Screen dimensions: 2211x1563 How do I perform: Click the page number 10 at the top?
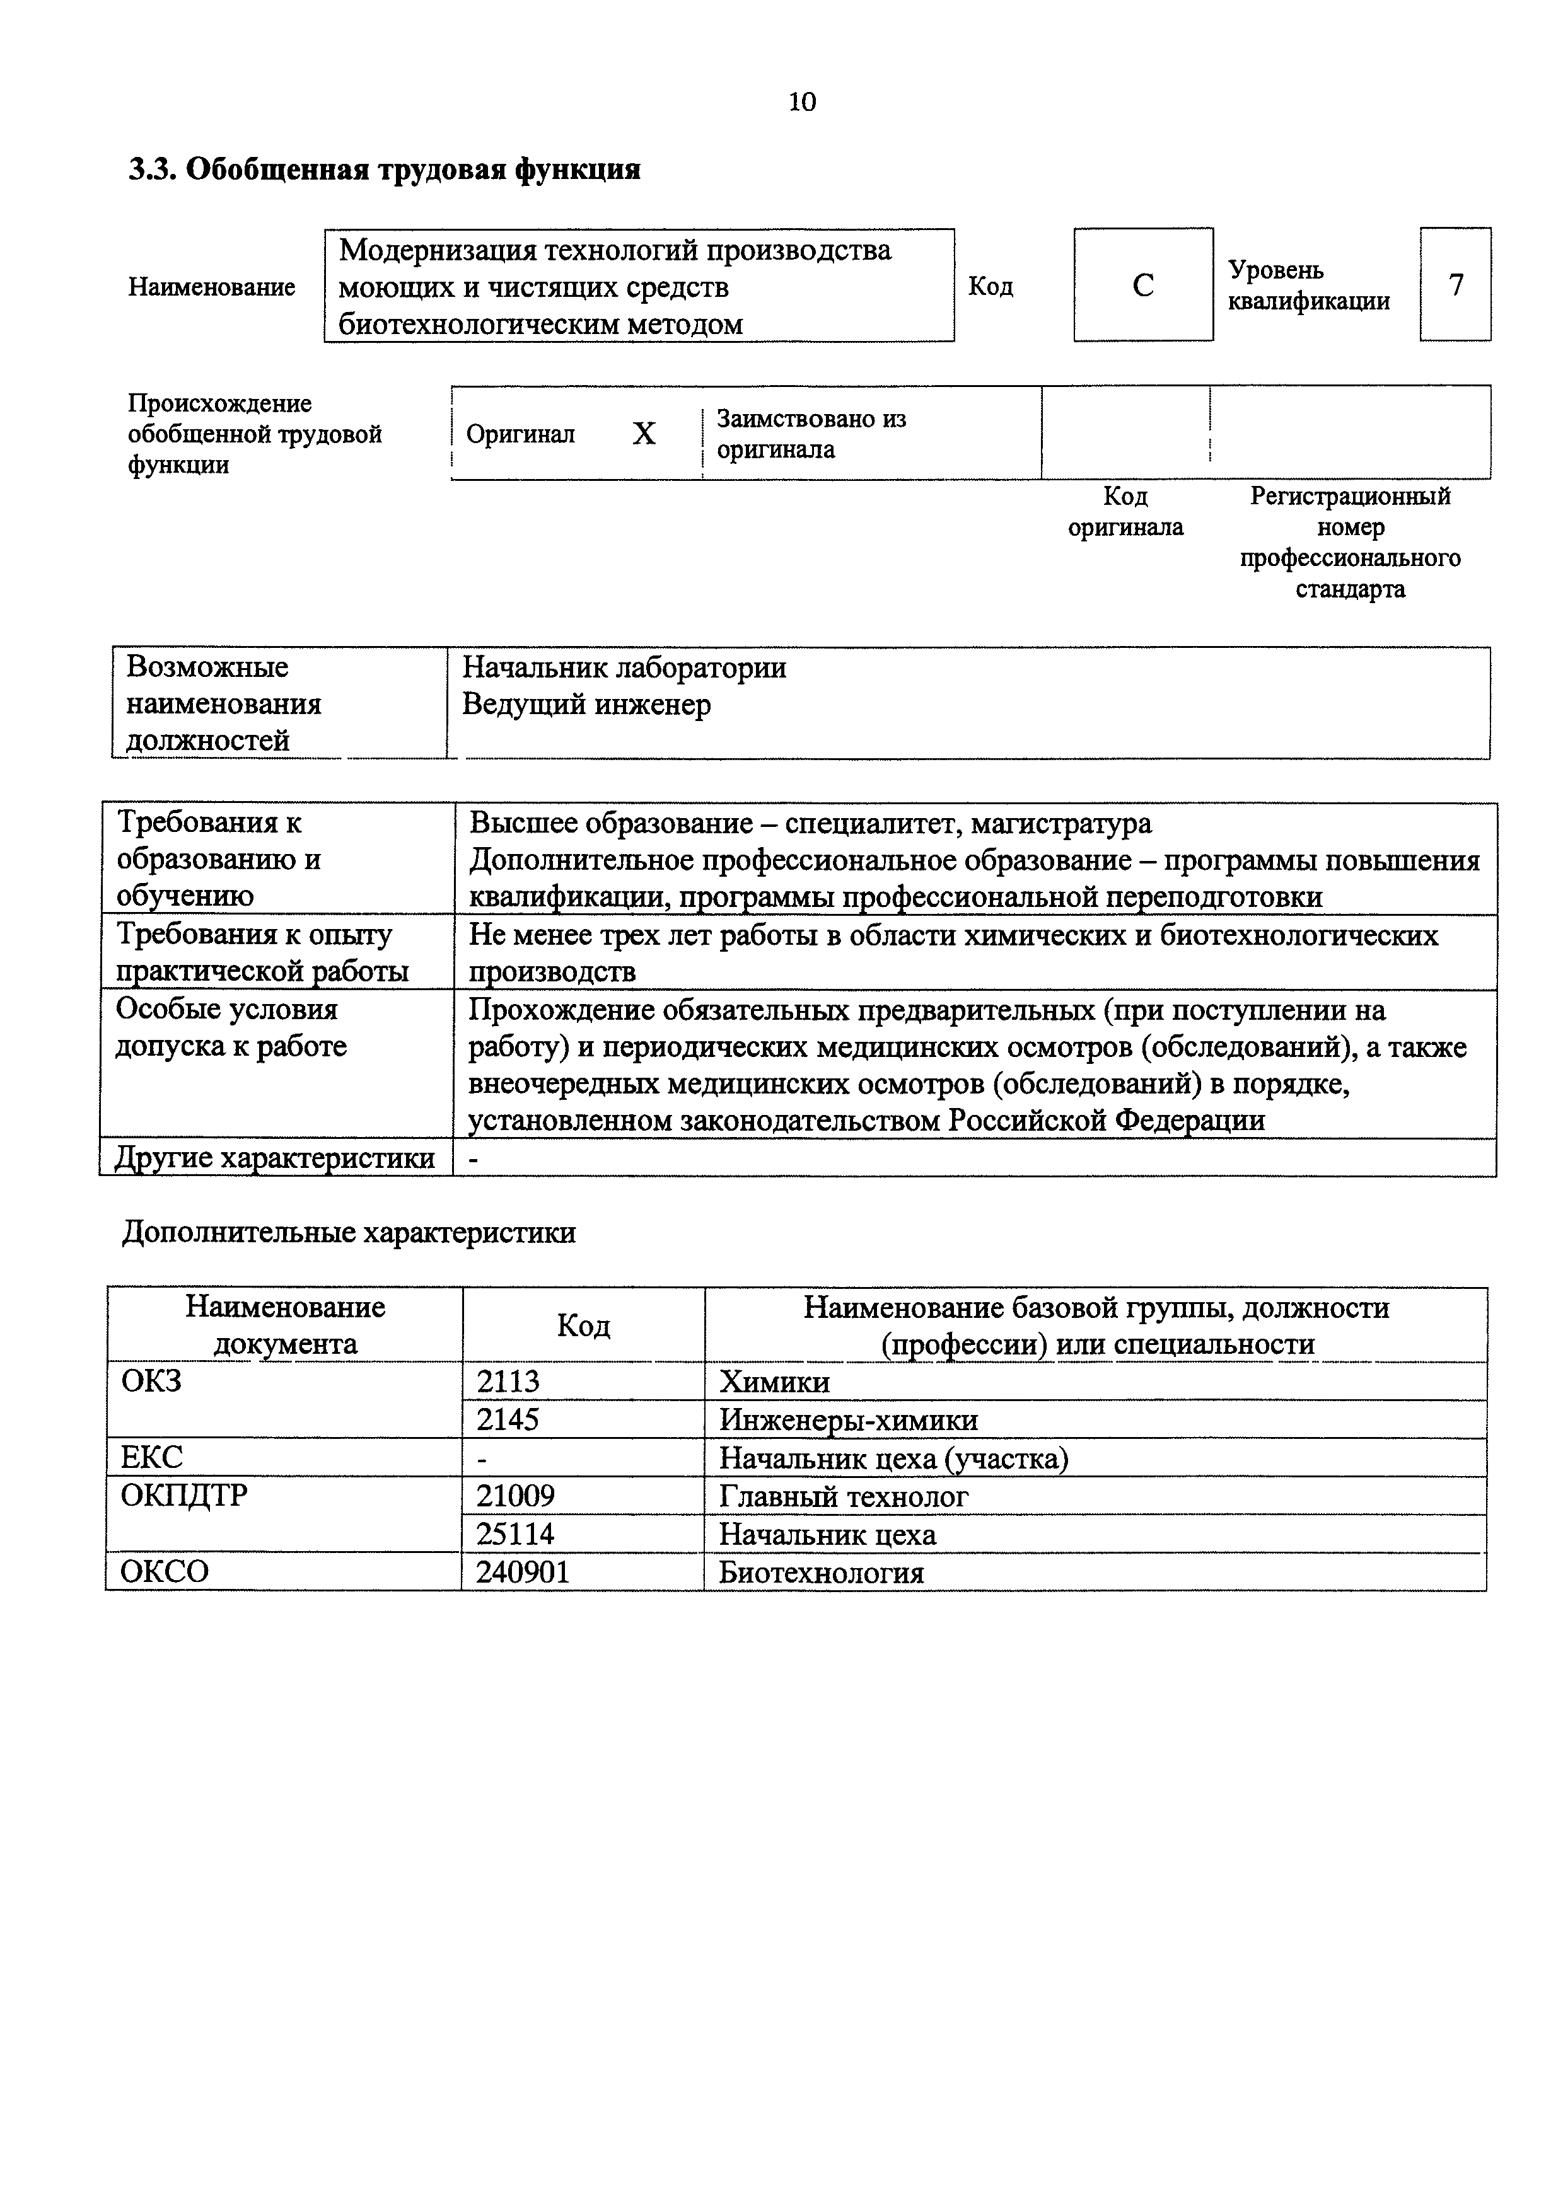click(801, 102)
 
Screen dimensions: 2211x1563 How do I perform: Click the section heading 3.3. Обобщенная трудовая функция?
click(384, 170)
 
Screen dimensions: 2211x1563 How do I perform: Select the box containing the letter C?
click(1143, 285)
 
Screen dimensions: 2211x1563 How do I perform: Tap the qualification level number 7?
click(1455, 285)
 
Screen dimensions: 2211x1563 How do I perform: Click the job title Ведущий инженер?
click(586, 705)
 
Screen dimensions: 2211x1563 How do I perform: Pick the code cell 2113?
click(508, 1382)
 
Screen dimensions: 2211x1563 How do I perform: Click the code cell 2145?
click(508, 1419)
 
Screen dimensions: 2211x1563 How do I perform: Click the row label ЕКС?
click(151, 1457)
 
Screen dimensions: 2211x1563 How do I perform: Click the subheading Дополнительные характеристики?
click(349, 1233)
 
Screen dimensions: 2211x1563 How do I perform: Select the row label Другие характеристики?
click(274, 1158)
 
